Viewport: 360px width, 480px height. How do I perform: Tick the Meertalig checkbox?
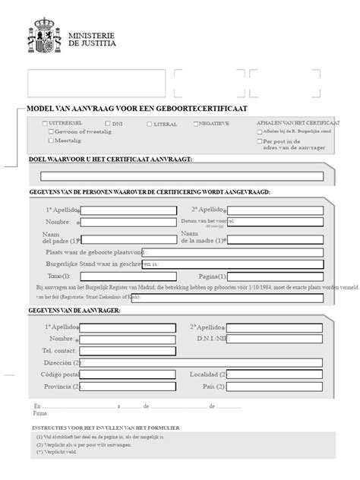point(51,141)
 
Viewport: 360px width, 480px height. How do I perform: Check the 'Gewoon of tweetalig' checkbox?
point(51,131)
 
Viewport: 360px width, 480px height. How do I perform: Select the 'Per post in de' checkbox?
point(259,141)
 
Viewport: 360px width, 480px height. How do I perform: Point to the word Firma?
point(40,413)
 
